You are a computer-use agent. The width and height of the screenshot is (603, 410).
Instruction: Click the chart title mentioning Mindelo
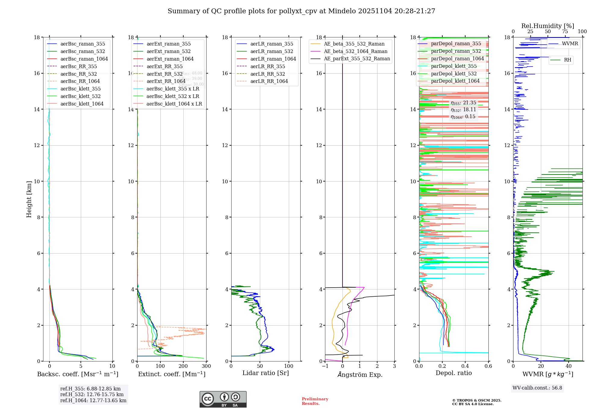point(301,11)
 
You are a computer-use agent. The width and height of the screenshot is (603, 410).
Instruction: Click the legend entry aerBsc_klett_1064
point(82,104)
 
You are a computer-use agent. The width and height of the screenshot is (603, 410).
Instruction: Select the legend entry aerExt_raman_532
point(169,51)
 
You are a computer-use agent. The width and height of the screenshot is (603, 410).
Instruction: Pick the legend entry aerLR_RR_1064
point(269,81)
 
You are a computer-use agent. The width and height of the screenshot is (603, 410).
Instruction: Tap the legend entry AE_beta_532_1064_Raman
point(355,51)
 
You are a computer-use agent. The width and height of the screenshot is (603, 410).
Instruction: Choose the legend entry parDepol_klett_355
point(454,66)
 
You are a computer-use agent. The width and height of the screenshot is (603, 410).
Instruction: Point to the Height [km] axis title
point(29,199)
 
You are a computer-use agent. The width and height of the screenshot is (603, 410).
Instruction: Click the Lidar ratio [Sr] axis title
point(265,373)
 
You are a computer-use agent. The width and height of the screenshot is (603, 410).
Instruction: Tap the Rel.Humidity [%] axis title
point(548,26)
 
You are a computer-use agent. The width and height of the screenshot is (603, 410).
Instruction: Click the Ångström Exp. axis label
point(360,374)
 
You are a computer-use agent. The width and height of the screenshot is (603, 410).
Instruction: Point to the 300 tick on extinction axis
point(206,366)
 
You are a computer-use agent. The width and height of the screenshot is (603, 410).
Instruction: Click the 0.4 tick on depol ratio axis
point(465,366)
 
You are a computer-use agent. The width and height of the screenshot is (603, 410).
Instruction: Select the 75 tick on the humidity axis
point(565,32)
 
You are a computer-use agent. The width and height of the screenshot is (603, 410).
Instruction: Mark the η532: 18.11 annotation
point(463,110)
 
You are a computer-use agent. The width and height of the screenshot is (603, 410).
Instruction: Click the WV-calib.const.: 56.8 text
point(537,388)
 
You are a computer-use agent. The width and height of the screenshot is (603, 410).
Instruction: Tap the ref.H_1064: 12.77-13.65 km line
point(93,400)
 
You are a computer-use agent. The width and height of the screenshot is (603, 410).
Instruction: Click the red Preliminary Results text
point(315,401)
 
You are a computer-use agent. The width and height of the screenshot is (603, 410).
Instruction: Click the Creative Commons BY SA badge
point(223,399)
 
